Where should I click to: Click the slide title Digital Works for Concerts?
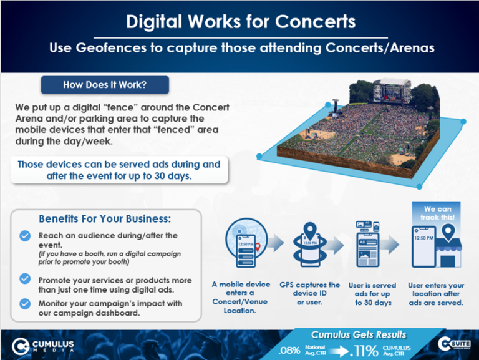[240, 22]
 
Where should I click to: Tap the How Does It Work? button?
[104, 84]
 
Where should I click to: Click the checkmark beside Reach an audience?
[24, 235]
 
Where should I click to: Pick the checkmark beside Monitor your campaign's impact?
[24, 303]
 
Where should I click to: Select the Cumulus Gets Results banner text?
[359, 334]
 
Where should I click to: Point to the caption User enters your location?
[437, 293]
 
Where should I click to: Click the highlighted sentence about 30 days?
[119, 170]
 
